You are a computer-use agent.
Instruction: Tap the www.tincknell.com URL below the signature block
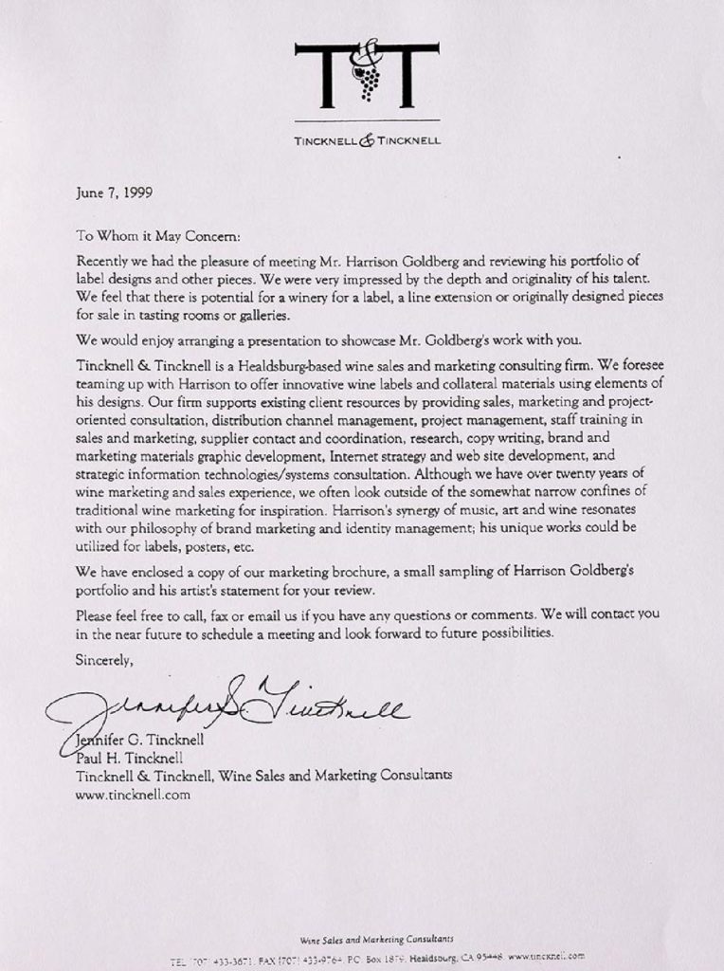click(133, 796)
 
